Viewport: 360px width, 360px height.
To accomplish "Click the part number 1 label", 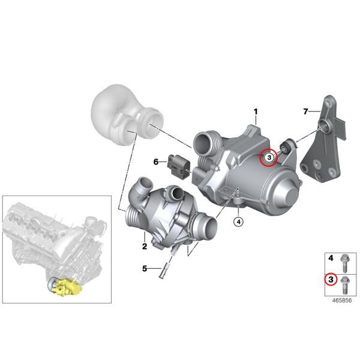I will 255,112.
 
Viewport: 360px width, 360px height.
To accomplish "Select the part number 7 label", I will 305,112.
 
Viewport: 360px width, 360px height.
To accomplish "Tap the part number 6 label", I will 156,161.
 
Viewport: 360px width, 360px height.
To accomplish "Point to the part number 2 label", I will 144,246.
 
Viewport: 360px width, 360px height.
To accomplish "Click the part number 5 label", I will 144,268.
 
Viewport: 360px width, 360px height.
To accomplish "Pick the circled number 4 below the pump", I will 238,221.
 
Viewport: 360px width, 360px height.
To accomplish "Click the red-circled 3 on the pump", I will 269,157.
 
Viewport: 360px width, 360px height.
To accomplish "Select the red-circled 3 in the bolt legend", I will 331,280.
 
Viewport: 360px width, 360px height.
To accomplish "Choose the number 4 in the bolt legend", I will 331,259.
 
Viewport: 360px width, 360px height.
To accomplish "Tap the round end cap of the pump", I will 286,189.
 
